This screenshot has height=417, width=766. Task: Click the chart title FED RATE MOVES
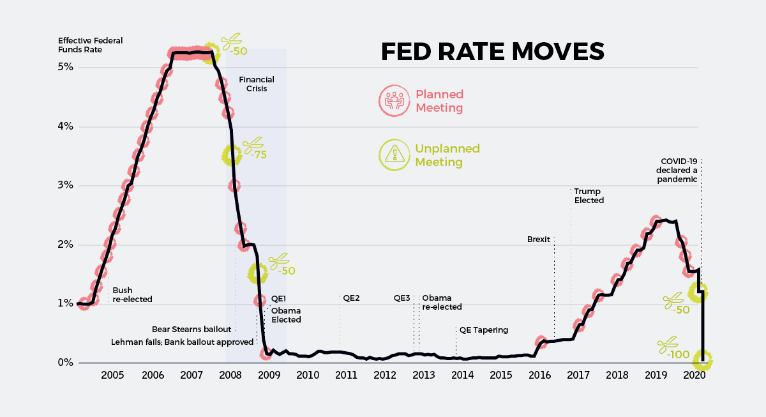coord(492,52)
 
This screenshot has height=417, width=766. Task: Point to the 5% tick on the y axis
coord(66,67)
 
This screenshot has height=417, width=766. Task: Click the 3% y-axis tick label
coord(66,186)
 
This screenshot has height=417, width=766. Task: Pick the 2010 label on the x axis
coord(307,374)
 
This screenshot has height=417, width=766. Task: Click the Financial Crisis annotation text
coord(257,84)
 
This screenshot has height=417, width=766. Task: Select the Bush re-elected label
coord(132,294)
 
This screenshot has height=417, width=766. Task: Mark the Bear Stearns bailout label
coord(191,330)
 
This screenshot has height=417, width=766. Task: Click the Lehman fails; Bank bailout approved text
coord(183,342)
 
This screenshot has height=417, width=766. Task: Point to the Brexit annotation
coord(538,239)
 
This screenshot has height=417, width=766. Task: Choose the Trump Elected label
coord(589,195)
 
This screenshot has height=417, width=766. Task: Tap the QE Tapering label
coord(483,330)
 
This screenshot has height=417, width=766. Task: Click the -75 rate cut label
coord(259,155)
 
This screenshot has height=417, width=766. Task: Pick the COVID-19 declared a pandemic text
coord(678,171)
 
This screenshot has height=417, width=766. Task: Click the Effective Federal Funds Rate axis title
coord(90,45)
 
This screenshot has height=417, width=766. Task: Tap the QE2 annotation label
coord(352,298)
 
